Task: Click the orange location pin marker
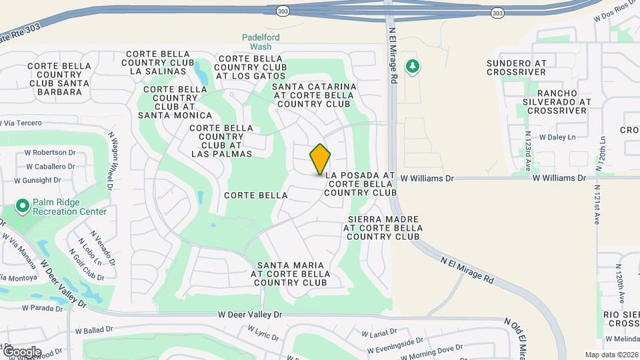321,159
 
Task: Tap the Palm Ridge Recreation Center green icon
22,207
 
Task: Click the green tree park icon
414,66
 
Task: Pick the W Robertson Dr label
51,152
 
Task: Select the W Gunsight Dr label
37,180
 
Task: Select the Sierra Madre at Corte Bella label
383,227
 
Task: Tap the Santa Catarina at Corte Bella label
313,95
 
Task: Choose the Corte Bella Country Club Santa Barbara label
59,79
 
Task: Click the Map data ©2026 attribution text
611,355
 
